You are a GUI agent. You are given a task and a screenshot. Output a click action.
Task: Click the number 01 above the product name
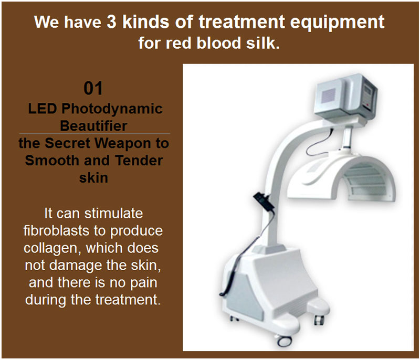[93, 88]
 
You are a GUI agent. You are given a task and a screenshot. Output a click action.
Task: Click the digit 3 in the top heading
[111, 22]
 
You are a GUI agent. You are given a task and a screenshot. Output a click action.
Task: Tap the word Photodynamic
[112, 109]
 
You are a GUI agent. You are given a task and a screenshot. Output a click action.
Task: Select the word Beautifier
[93, 126]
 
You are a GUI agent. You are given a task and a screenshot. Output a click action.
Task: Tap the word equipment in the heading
[337, 23]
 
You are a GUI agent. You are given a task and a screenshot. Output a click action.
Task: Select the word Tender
[139, 161]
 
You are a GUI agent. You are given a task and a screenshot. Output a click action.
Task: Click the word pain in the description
[143, 283]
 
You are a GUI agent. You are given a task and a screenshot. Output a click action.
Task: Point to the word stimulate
[113, 213]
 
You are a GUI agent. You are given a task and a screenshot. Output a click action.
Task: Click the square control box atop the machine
[346, 97]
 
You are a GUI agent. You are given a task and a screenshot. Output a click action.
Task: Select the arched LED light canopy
[342, 177]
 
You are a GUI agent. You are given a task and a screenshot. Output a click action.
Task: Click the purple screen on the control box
[329, 95]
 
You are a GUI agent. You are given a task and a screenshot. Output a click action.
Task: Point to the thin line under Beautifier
[94, 133]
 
